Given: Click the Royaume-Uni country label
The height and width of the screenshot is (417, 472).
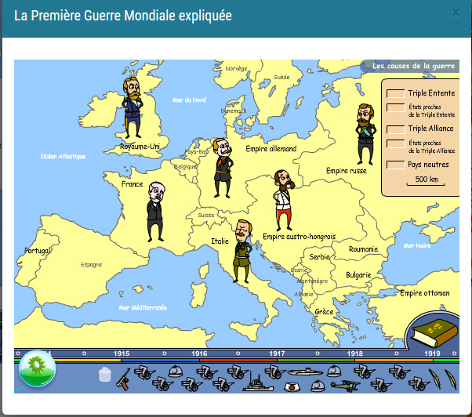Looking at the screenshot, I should [140, 146].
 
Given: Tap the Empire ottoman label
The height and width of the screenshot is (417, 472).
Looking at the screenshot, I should [424, 293].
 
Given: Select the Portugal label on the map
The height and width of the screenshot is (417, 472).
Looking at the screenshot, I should [37, 251].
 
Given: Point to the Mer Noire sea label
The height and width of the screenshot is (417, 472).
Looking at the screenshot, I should [416, 245].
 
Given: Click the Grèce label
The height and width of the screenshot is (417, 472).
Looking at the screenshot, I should [324, 311].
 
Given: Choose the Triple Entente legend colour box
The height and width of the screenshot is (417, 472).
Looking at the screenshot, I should [394, 93].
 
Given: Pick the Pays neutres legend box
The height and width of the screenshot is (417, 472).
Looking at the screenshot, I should [394, 165].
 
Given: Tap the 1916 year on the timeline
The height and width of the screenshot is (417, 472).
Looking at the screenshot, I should [199, 354].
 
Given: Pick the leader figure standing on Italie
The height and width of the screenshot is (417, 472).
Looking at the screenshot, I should [242, 249].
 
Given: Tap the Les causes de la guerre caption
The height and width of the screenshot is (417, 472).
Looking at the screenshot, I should [413, 67].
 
